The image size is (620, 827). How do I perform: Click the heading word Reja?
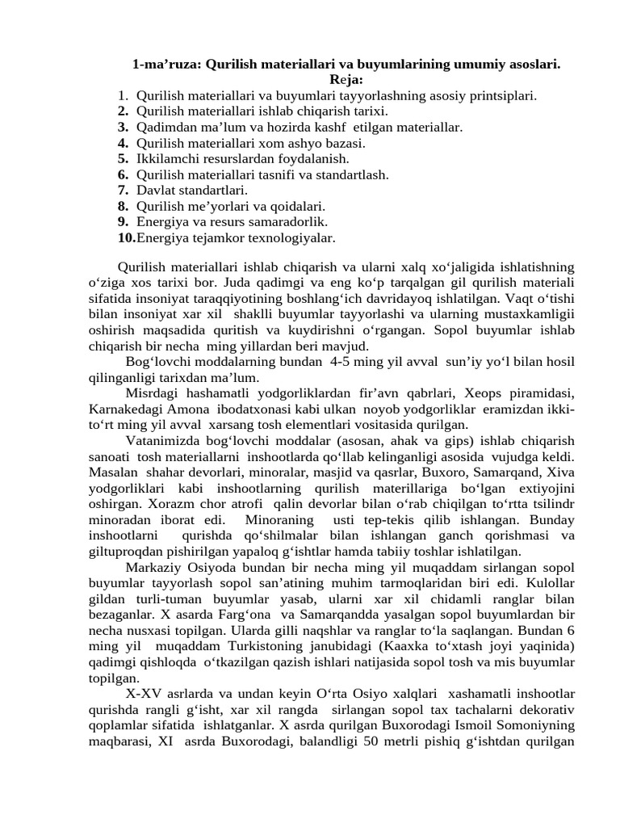click(346, 79)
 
